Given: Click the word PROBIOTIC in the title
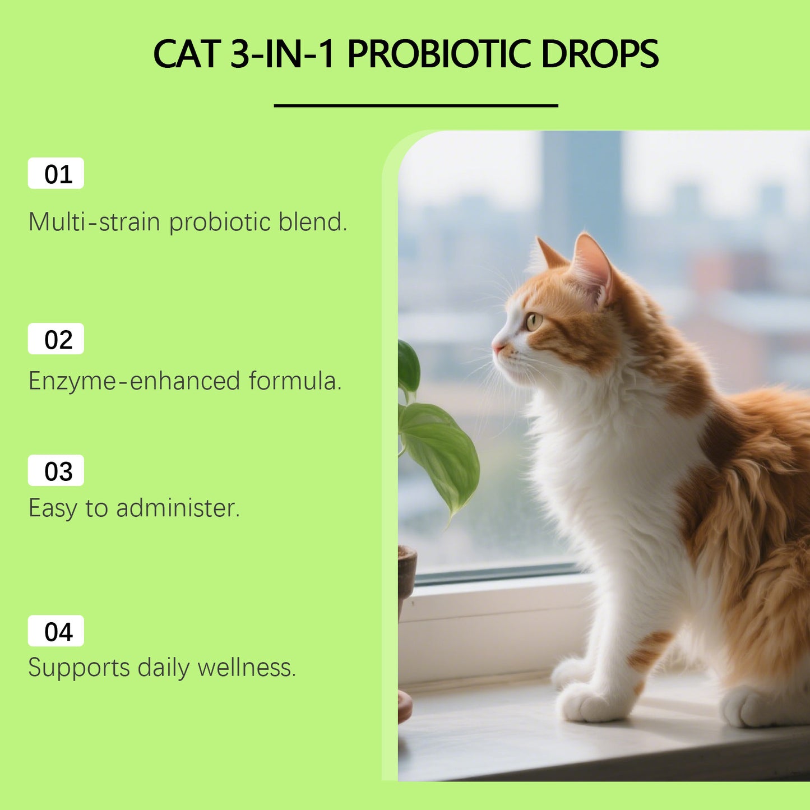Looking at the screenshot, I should pyautogui.click(x=438, y=54).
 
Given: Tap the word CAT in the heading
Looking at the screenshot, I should pyautogui.click(x=187, y=54).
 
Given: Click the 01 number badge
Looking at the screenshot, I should pyautogui.click(x=56, y=174).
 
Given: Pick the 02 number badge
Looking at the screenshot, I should pyautogui.click(x=56, y=339).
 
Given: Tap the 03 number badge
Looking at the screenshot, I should pyautogui.click(x=56, y=471).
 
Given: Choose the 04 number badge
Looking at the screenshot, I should pyautogui.click(x=56, y=631).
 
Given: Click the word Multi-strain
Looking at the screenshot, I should pyautogui.click(x=95, y=222).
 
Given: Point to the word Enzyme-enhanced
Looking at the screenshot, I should pyautogui.click(x=135, y=381).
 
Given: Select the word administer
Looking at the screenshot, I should pyautogui.click(x=178, y=508).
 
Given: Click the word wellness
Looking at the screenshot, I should pyautogui.click(x=246, y=667).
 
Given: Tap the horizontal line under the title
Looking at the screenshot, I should pyautogui.click(x=416, y=105).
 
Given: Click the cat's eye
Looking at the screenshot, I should pyautogui.click(x=533, y=321).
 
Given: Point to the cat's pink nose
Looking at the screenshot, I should pyautogui.click(x=497, y=348).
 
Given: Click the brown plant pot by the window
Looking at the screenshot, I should pyautogui.click(x=406, y=572).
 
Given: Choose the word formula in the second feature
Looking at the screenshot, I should pyautogui.click(x=295, y=381).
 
